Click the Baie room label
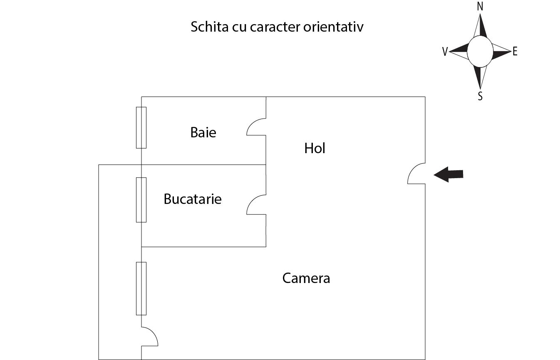[x=203, y=133]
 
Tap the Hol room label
[x=315, y=148]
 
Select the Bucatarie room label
[x=192, y=199]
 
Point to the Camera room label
[x=306, y=278]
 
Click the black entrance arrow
[x=448, y=174]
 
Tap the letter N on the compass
[x=480, y=7]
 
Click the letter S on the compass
[x=480, y=97]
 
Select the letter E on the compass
[x=515, y=52]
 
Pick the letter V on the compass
[x=445, y=52]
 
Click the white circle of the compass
[x=480, y=52]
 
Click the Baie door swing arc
[x=255, y=127]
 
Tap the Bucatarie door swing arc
[x=255, y=204]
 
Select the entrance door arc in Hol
[x=415, y=174]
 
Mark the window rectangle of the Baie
[x=141, y=127]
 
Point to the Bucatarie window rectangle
[x=141, y=200]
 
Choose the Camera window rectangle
[x=141, y=288]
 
